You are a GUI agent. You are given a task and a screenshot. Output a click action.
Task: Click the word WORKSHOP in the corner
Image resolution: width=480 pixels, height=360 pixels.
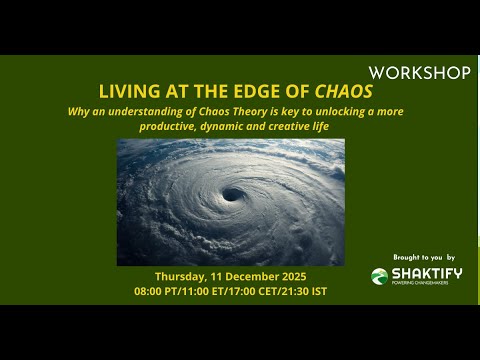(x=419, y=73)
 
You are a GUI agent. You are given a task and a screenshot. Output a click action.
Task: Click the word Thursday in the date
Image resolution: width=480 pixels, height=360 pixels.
(x=183, y=276)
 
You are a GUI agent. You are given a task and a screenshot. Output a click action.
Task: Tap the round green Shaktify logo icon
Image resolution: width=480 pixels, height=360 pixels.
(x=379, y=276)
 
